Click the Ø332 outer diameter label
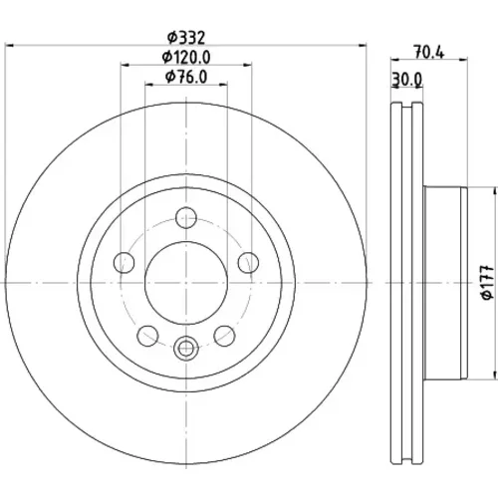point(186,37)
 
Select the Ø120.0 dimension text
point(186,57)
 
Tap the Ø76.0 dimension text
point(186,77)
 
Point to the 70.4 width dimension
point(428,52)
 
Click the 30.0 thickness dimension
point(407,80)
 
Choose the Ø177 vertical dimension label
point(487,282)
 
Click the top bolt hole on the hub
point(186,218)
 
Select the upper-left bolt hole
point(124,263)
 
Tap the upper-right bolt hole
point(248,263)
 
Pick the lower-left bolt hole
point(147,336)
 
